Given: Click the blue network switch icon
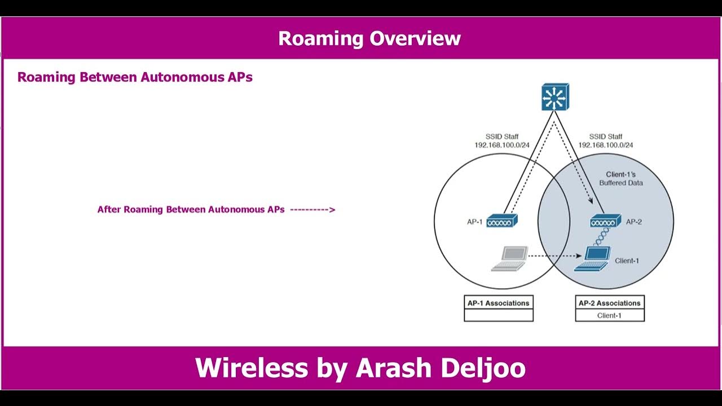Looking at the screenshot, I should (555, 97).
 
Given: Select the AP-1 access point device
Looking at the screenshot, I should (501, 221).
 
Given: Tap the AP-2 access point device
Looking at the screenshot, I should (605, 221).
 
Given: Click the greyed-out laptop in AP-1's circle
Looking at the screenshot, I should (509, 259).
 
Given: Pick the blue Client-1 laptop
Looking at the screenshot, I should (592, 259).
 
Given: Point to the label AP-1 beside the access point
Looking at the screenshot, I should (474, 222).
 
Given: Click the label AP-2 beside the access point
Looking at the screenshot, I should (634, 222).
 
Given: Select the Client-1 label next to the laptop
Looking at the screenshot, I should (627, 261).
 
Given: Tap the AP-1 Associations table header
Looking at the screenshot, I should (498, 303).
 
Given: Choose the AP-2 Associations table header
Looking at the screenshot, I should (609, 303).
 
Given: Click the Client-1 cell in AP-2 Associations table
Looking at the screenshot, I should (609, 315).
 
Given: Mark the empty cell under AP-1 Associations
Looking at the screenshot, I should (498, 315).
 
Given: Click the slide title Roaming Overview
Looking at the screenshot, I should (369, 38).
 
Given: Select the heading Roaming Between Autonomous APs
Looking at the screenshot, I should (135, 77).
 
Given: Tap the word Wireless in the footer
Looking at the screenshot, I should (251, 368).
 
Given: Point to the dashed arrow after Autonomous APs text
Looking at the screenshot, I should (312, 210).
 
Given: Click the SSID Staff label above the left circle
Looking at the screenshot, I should (502, 137).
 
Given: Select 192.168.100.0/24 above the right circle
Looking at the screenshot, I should (605, 145).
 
